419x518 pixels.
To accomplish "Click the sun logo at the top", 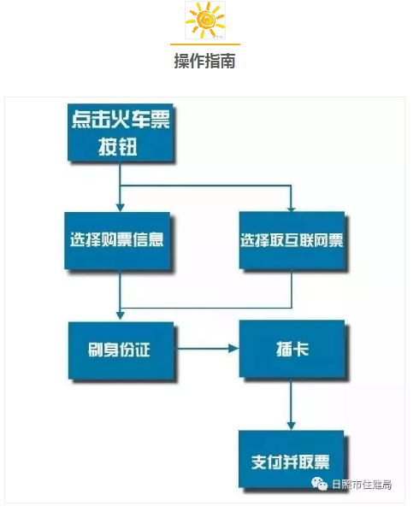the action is (205, 20).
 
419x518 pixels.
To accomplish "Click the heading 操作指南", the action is (205, 61).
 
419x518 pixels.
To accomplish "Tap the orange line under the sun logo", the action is (205, 44).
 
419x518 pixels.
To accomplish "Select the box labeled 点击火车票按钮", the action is (121, 132).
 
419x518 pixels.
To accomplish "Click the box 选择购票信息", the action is (117, 240).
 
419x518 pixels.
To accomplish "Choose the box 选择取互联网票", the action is (292, 240).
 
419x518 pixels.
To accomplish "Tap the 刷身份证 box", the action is (121, 350).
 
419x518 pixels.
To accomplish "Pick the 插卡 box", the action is (292, 349).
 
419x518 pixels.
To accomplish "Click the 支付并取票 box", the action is (292, 459).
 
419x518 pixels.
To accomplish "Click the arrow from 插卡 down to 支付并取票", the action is (291, 403).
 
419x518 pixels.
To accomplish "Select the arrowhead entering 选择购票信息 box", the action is (121, 208).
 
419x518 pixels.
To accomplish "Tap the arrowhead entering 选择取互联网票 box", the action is (291, 208).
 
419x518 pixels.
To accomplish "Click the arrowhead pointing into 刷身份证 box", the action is (121, 315).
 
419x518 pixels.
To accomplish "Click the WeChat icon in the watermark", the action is (319, 484).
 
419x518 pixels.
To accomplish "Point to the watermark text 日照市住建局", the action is (362, 485).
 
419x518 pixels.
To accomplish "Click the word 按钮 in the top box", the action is (118, 146).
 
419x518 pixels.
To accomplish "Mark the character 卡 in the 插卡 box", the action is (301, 350).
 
